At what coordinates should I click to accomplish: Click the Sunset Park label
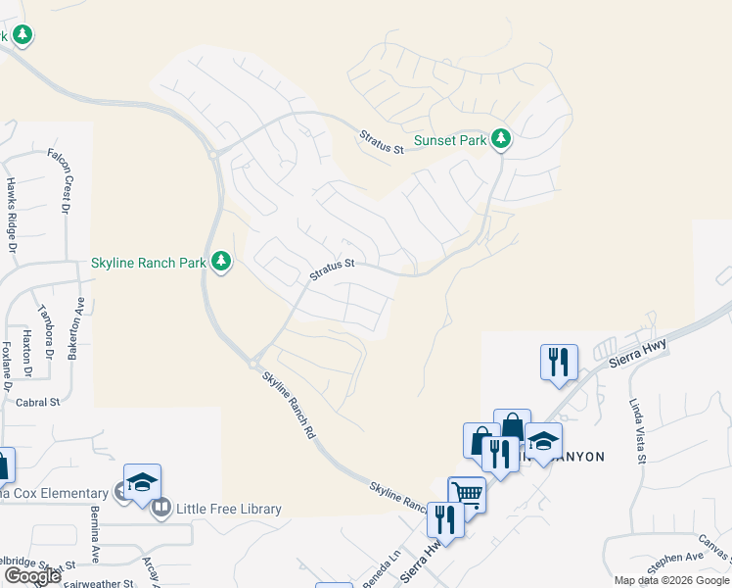click(450, 140)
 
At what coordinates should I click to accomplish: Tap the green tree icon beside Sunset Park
click(501, 139)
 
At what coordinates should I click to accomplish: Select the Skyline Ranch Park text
click(148, 262)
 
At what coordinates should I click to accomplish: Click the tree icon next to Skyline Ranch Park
click(222, 262)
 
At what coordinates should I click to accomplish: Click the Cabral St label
click(38, 402)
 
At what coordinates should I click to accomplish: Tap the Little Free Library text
click(229, 509)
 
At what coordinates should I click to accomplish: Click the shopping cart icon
click(467, 494)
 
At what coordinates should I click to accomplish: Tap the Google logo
click(31, 576)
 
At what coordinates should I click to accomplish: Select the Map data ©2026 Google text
click(670, 580)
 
